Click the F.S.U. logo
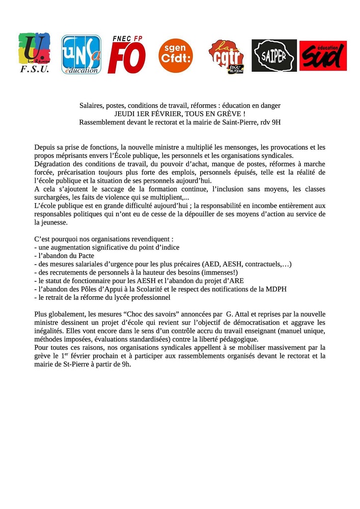34,53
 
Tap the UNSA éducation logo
81,54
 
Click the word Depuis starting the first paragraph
45,147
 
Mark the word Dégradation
53,164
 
